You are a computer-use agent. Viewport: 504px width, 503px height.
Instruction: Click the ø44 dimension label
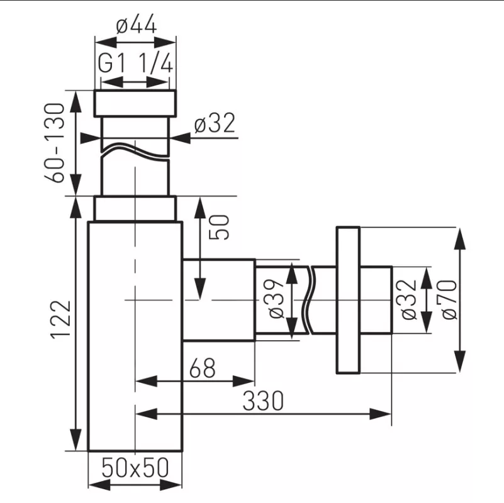coord(135,26)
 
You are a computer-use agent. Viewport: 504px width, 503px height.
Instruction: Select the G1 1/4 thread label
coord(135,65)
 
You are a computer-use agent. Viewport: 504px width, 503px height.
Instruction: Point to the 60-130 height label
coord(56,143)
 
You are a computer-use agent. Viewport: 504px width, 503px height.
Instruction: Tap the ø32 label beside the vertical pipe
coord(215,124)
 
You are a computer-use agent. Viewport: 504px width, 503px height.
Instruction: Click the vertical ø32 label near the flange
coord(408,300)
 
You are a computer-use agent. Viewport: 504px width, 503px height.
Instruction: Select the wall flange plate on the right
coord(349,301)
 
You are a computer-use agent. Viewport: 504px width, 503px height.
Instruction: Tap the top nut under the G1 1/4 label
coord(135,104)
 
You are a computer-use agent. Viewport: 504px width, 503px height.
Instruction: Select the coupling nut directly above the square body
coord(135,208)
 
